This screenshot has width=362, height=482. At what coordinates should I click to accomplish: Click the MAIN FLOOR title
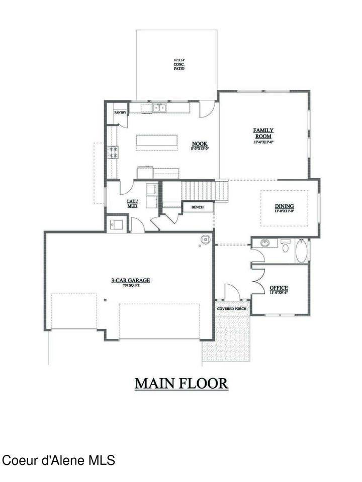pos(181,384)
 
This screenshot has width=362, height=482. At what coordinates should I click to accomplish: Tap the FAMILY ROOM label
pos(263,133)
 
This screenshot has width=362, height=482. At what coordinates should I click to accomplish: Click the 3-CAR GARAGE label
pos(131,282)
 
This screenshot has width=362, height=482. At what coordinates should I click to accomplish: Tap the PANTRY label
pos(120,113)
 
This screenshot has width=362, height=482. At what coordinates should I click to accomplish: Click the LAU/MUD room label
pos(132,203)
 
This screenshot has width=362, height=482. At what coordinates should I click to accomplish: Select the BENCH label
pos(197,207)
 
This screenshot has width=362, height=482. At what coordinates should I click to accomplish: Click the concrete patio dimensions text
pos(179,64)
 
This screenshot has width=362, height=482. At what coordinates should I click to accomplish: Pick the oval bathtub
pos(301,251)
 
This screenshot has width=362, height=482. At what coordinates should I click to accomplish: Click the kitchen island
pos(155,142)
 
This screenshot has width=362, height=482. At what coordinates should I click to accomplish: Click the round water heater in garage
pos(205,240)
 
